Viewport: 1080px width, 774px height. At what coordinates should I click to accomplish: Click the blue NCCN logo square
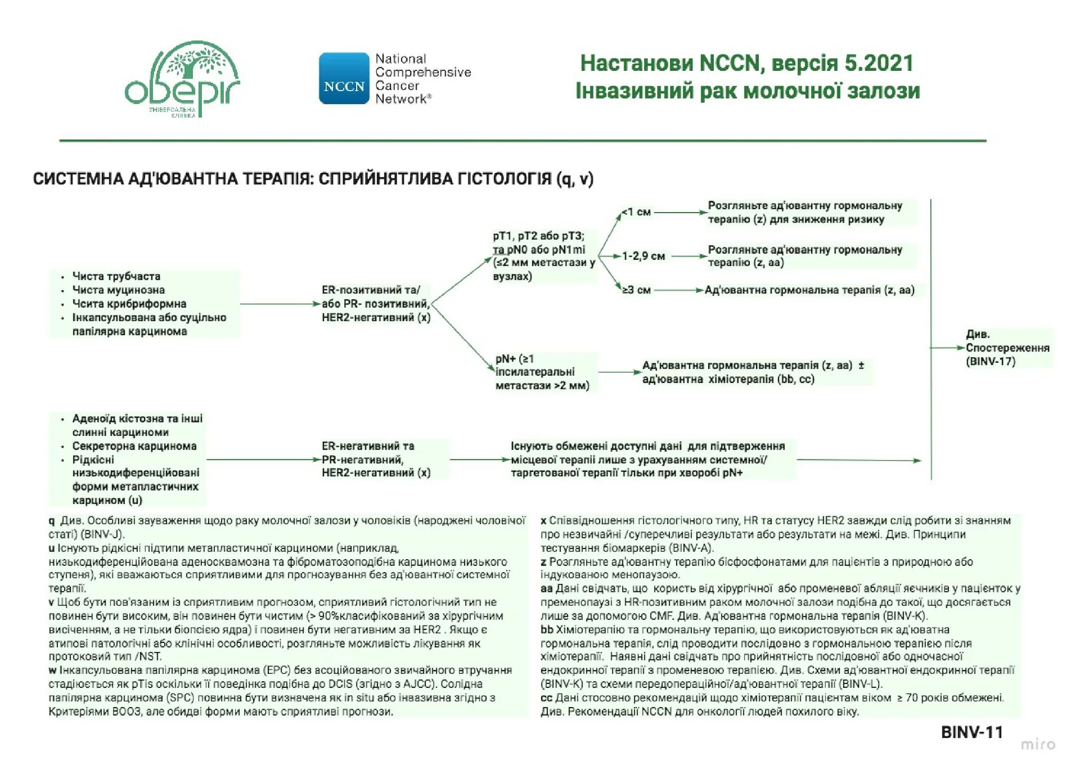coord(344,79)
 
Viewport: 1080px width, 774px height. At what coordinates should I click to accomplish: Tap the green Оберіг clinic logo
coord(182,79)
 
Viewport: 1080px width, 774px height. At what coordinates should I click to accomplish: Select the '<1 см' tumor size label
coord(637,213)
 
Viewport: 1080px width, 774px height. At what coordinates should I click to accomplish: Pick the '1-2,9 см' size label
coord(643,256)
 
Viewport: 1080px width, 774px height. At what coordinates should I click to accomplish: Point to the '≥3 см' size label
coord(637,290)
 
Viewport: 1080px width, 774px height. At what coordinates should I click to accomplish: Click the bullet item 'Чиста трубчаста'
coord(116,276)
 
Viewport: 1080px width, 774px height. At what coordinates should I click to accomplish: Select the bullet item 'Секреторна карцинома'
coord(134,446)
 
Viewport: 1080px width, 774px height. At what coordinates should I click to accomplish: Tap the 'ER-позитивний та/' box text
coord(371,290)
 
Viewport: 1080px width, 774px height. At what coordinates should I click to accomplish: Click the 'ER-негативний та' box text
coord(368,446)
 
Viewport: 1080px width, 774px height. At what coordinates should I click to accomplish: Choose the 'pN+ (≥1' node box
coord(515,359)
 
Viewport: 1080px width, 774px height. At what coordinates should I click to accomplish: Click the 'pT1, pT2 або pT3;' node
coord(538,236)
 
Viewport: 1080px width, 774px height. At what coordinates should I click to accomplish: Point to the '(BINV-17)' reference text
coord(991,362)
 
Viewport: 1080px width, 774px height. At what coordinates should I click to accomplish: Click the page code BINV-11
coord(971,732)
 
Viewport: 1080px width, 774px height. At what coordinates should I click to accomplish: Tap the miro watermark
coord(1038,745)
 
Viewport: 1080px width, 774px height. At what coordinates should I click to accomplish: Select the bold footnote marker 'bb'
coord(547,630)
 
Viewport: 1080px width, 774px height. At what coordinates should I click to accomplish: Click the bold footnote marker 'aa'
coord(547,589)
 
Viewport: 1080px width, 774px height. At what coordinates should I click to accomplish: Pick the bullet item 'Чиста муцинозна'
coord(118,290)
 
